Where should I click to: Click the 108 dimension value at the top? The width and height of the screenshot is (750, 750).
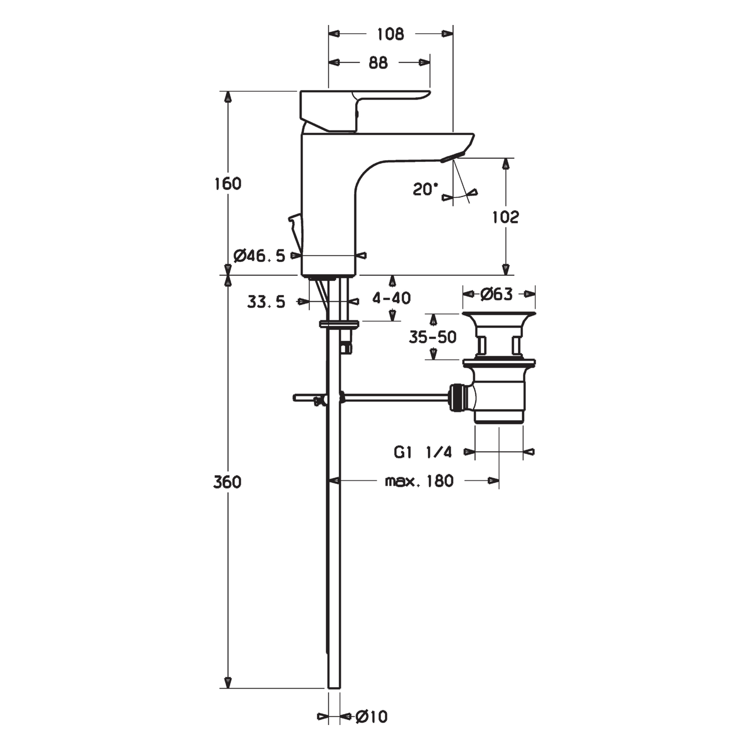390,34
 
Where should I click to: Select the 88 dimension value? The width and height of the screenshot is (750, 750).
378,63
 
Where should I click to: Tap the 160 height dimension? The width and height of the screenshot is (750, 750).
228,184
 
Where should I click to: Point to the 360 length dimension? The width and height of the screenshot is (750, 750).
227,482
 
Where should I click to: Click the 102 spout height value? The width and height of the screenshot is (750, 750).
505,217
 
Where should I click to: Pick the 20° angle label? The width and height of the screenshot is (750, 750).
425,190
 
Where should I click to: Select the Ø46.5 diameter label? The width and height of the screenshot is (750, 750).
259,256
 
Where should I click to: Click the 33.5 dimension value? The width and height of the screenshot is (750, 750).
266,302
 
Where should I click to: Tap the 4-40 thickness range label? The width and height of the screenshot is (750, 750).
391,298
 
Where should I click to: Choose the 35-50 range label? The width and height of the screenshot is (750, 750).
432,337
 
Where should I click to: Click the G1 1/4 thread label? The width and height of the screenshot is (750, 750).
422,452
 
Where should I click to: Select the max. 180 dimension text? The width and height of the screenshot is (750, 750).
419,481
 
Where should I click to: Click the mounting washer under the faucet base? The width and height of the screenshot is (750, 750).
339,324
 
